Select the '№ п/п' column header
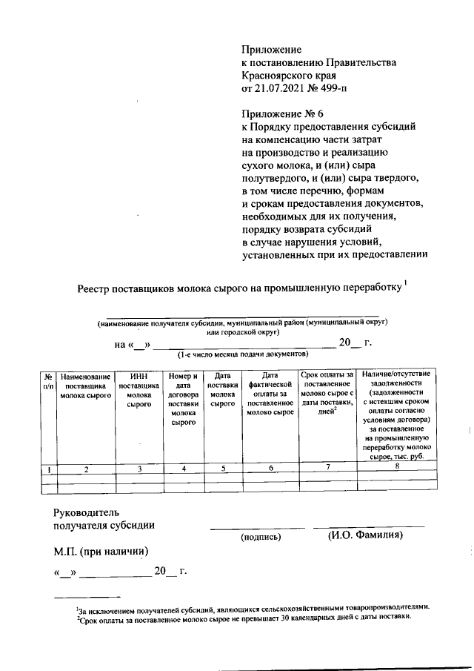click(48, 381)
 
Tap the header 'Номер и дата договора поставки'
click(183, 400)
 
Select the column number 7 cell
click(327, 466)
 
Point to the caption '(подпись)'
click(258, 536)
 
